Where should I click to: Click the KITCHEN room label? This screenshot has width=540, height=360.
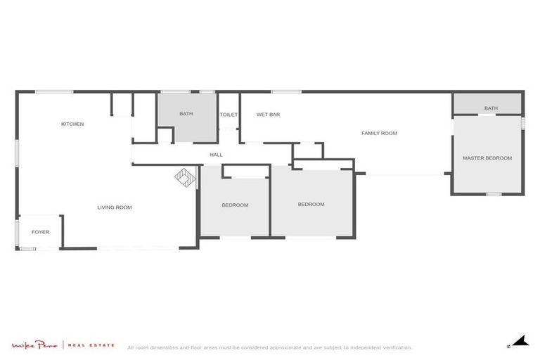point(72,124)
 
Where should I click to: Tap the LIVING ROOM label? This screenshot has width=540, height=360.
point(115,207)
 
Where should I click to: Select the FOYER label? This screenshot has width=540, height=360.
point(40,232)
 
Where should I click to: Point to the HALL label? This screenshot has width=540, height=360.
point(216,155)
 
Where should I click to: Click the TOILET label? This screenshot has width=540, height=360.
point(229,115)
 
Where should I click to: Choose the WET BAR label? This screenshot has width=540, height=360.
point(268,115)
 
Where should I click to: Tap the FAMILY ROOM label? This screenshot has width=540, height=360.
point(380,133)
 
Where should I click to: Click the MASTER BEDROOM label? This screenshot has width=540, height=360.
point(487,158)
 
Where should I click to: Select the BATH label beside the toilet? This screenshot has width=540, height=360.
point(186,114)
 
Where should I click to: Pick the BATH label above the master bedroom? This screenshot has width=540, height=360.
point(491,108)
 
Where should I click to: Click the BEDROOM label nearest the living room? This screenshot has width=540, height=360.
point(235,205)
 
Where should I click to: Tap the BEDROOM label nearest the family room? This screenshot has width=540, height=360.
point(311,205)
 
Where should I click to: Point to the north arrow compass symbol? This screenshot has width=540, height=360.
point(518,342)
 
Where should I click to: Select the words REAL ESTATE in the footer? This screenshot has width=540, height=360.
point(91,345)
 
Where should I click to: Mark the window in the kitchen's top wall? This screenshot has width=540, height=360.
point(54,91)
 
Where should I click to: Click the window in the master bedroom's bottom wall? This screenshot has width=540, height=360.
point(494,194)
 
